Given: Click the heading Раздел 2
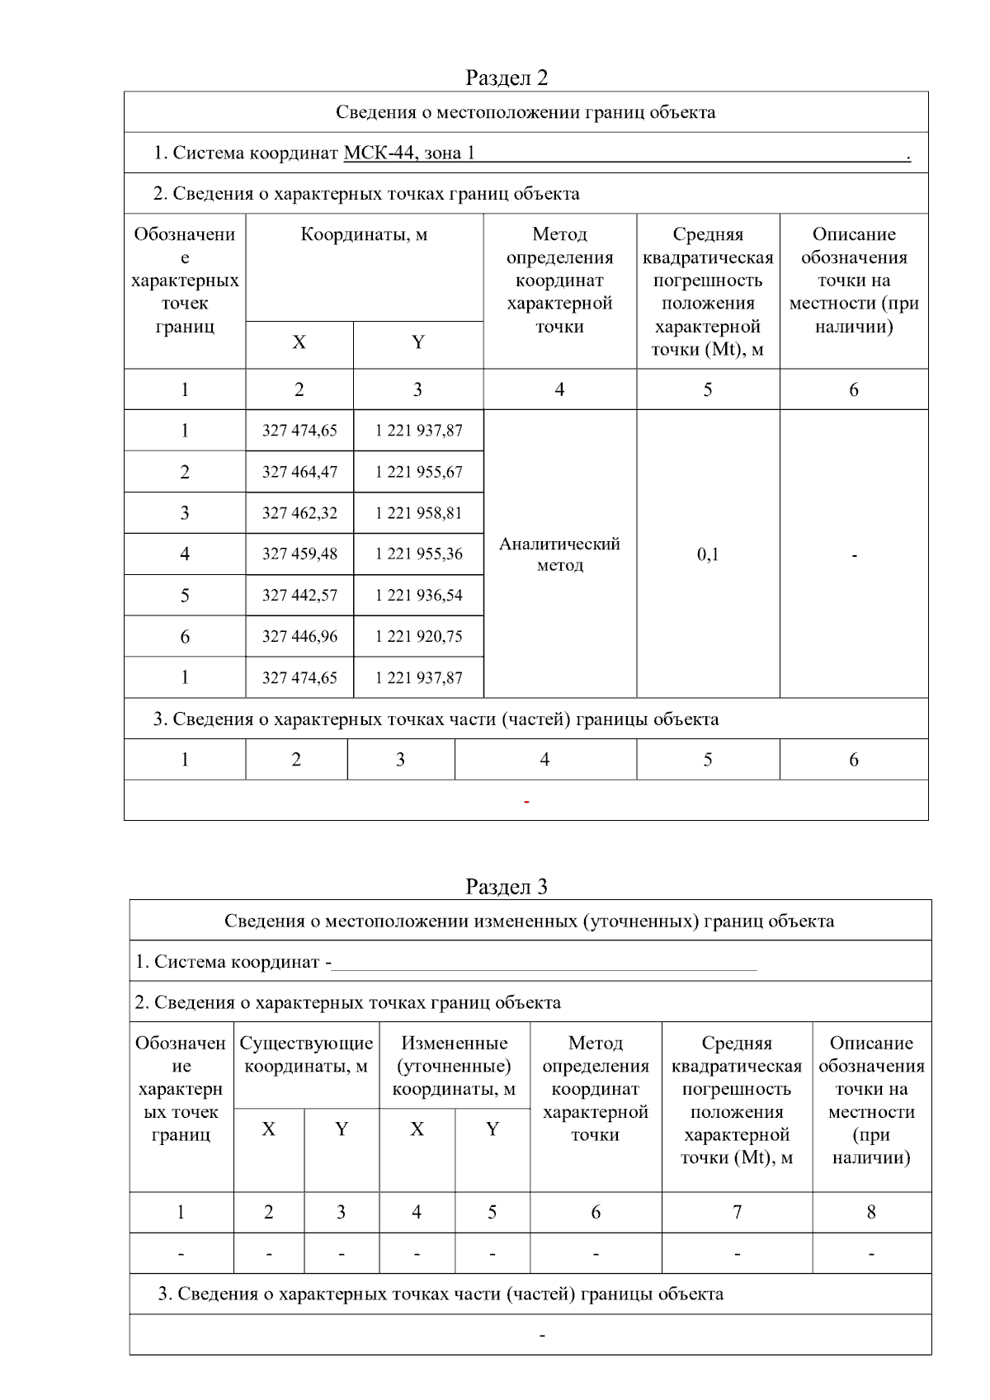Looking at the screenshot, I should click(506, 78).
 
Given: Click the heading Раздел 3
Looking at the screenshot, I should click(506, 887).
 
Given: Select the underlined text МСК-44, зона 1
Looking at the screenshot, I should click(408, 153).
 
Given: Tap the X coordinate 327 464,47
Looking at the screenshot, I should click(299, 472).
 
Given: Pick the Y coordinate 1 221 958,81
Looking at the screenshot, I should click(418, 513).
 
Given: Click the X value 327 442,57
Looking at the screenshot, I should click(299, 596).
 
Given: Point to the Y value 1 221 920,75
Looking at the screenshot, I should click(418, 637).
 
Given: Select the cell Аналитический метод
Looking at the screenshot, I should click(559, 554).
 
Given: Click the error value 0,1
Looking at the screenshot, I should click(708, 554).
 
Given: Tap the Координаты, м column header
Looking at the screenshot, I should click(364, 235).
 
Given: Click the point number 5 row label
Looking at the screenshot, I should click(185, 596).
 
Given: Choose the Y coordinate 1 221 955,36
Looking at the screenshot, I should click(418, 554).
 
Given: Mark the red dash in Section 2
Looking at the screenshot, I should click(526, 802).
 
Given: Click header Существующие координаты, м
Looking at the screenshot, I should click(306, 1055).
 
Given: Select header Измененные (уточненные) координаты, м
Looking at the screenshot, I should click(454, 1066).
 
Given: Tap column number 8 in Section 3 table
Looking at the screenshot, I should click(871, 1213).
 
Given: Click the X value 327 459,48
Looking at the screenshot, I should click(299, 554).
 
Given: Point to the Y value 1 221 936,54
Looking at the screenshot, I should click(418, 596).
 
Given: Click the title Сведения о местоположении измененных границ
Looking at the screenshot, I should click(529, 922).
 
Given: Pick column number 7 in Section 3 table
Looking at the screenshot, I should click(737, 1213).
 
